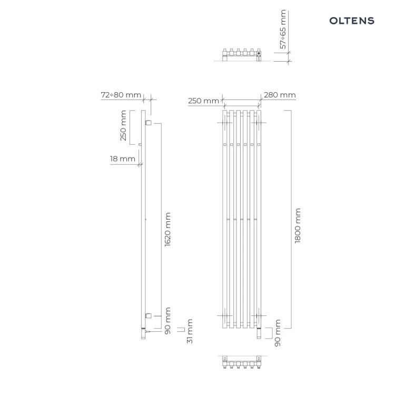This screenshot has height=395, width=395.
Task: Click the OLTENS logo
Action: point(352,21)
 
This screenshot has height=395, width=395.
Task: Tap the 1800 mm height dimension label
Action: point(298,225)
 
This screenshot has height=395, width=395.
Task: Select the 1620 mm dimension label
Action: point(167,230)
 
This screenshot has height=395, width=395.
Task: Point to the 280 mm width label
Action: point(280,95)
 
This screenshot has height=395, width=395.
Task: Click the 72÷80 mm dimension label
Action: point(121,95)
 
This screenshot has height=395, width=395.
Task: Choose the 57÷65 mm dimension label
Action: point(283,29)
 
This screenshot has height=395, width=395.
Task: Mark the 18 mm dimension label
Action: point(122,159)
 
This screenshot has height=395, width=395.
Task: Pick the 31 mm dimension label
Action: point(190,331)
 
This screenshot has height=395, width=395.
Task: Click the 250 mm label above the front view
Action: point(203,101)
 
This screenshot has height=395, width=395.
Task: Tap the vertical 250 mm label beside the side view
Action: point(123,125)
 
